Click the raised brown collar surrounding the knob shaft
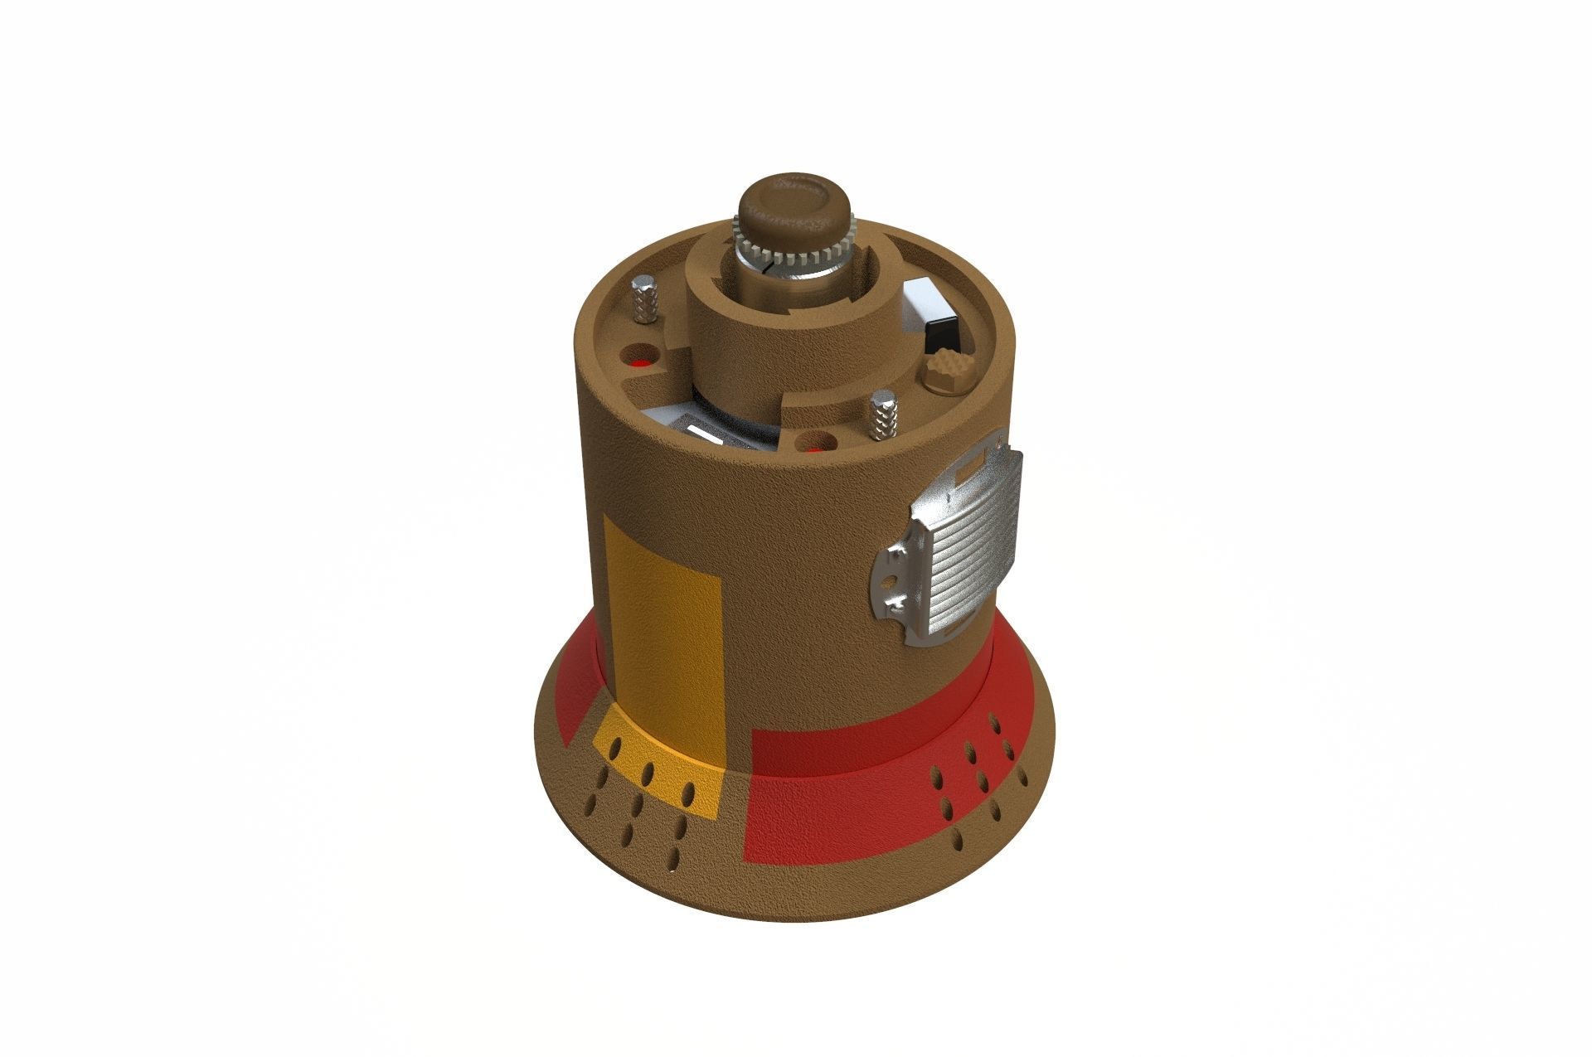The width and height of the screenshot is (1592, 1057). (730, 332)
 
